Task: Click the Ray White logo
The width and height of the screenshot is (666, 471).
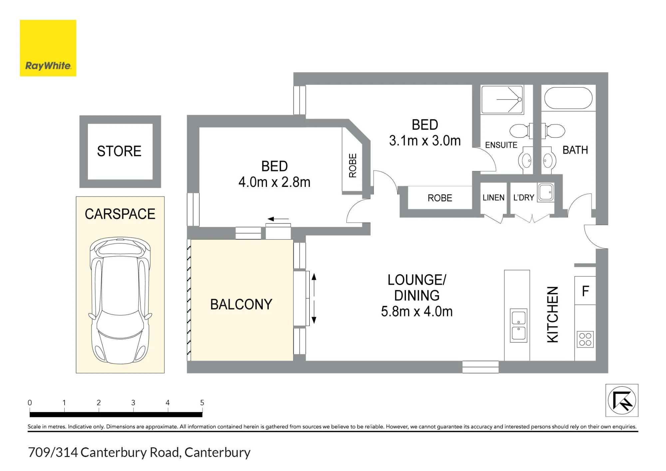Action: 48,48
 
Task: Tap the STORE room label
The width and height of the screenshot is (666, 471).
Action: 119,151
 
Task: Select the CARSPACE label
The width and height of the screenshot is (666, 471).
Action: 120,214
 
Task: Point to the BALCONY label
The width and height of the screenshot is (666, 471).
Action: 241,304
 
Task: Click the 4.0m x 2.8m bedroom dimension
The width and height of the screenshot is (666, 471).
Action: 274,182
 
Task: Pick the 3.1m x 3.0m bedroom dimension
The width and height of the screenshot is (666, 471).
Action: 425,141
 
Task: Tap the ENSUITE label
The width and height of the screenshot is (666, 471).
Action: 501,145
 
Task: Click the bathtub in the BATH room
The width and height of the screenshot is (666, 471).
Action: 568,98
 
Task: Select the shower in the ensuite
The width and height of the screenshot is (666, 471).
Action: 502,100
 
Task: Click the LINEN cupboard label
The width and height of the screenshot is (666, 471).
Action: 494,198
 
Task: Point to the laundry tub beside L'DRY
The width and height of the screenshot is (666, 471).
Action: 546,192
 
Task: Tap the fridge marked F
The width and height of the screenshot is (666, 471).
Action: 585,290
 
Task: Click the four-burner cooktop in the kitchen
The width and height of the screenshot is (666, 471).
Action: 585,339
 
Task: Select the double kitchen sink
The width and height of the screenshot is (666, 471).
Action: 518,325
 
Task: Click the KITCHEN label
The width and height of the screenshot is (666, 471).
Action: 553,314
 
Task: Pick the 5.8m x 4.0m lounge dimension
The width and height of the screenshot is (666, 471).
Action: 417,312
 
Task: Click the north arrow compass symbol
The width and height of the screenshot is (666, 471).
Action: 622,400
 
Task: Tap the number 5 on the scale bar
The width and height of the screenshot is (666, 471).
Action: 202,403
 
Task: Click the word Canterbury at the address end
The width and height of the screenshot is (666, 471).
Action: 217,452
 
